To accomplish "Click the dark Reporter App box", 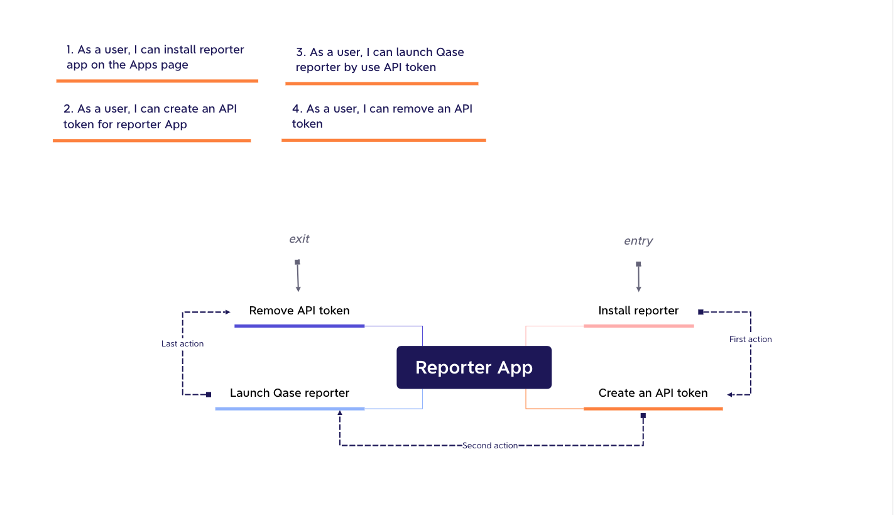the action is click(x=474, y=367).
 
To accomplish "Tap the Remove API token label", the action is click(x=299, y=311).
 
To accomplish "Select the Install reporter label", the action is click(x=638, y=311).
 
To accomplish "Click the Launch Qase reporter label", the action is click(x=290, y=393).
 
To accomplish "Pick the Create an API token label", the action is click(x=653, y=393).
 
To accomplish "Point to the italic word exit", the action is click(x=299, y=239).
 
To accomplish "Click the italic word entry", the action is click(x=638, y=241).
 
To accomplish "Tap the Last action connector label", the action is click(x=182, y=343).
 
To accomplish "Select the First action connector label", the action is click(x=750, y=339).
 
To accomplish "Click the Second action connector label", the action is click(x=489, y=445).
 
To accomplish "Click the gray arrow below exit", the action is click(x=298, y=275).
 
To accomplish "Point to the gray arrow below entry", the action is click(x=638, y=277).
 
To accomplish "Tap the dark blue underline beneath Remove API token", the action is click(x=299, y=326).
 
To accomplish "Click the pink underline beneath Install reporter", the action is click(x=638, y=326).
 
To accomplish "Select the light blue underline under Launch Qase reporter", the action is click(x=290, y=409).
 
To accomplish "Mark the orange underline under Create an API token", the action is click(x=653, y=409).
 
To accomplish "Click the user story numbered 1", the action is click(x=155, y=57).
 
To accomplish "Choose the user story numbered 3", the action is click(x=379, y=60).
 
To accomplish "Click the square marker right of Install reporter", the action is click(x=700, y=312).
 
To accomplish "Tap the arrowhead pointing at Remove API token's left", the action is click(x=228, y=312).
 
